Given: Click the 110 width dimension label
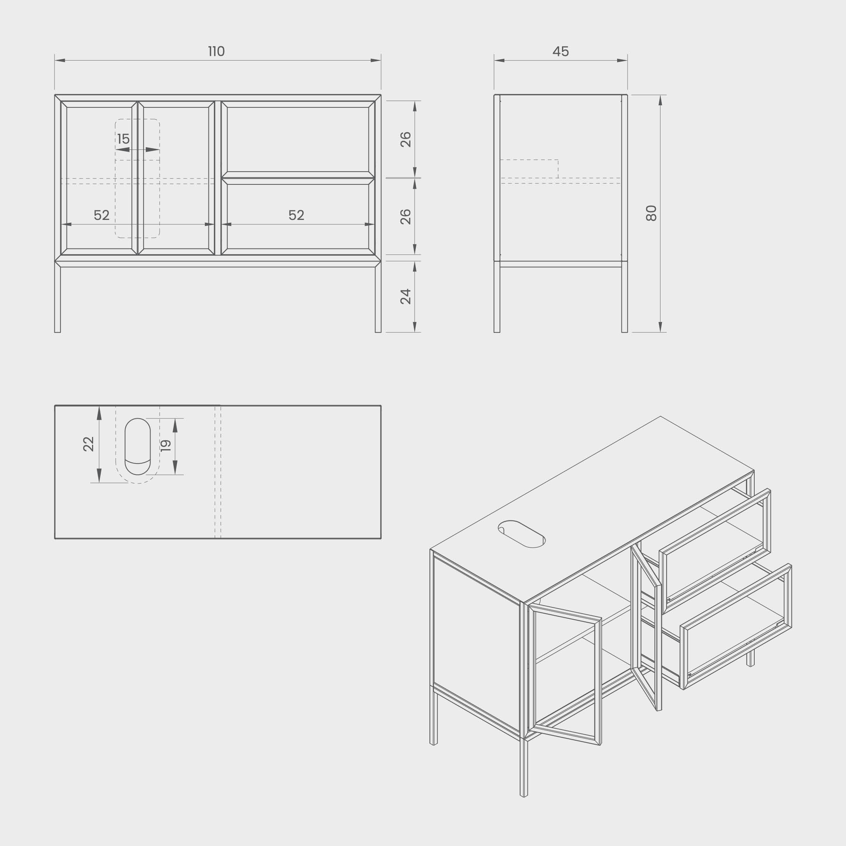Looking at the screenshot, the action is click(x=216, y=52).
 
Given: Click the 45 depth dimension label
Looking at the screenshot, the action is click(x=561, y=52).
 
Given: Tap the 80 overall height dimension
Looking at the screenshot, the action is click(x=652, y=213).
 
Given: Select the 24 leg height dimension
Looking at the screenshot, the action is click(x=406, y=297).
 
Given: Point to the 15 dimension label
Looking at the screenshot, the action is click(x=124, y=139).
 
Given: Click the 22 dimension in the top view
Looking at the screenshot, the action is click(x=88, y=444).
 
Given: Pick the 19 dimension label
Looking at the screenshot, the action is click(x=165, y=446).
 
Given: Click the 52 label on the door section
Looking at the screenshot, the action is click(x=102, y=215).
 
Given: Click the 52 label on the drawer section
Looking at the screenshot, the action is click(x=297, y=215).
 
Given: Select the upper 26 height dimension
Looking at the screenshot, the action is click(x=406, y=139).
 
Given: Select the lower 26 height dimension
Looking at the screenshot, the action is click(x=406, y=217).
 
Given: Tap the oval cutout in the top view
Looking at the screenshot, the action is click(x=138, y=446).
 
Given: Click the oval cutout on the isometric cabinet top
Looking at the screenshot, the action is click(x=521, y=534).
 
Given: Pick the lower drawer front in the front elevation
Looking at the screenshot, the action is click(x=298, y=216).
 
